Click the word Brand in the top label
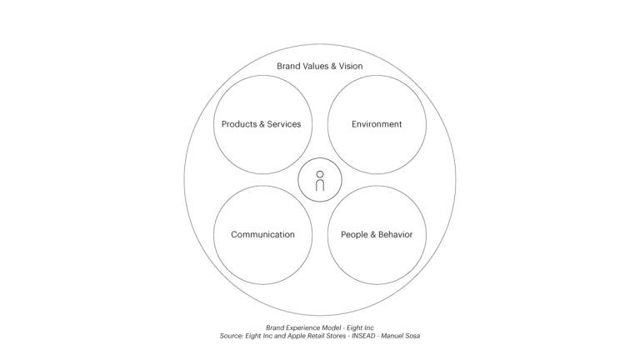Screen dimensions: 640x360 coord(288,66)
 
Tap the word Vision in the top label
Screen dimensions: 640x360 coord(351,66)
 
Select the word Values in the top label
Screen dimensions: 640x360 coord(315,66)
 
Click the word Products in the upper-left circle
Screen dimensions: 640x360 coord(239,124)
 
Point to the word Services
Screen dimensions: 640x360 coord(284,124)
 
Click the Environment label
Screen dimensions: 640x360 coord(377,124)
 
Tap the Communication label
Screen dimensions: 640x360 coord(262,235)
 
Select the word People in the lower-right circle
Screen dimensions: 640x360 coord(354,235)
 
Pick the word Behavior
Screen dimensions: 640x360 coord(396,235)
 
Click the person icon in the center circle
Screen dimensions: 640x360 coord(320,181)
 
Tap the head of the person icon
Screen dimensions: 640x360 coord(320,174)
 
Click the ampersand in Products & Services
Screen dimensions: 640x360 coord(262,124)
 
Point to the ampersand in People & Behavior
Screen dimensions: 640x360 coord(372,235)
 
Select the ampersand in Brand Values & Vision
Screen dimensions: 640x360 coord(333,66)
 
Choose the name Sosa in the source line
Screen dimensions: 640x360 coord(412,336)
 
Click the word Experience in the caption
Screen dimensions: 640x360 coord(302,327)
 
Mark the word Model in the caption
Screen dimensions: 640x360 coord(331,327)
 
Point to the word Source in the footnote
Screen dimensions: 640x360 coord(232,336)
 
